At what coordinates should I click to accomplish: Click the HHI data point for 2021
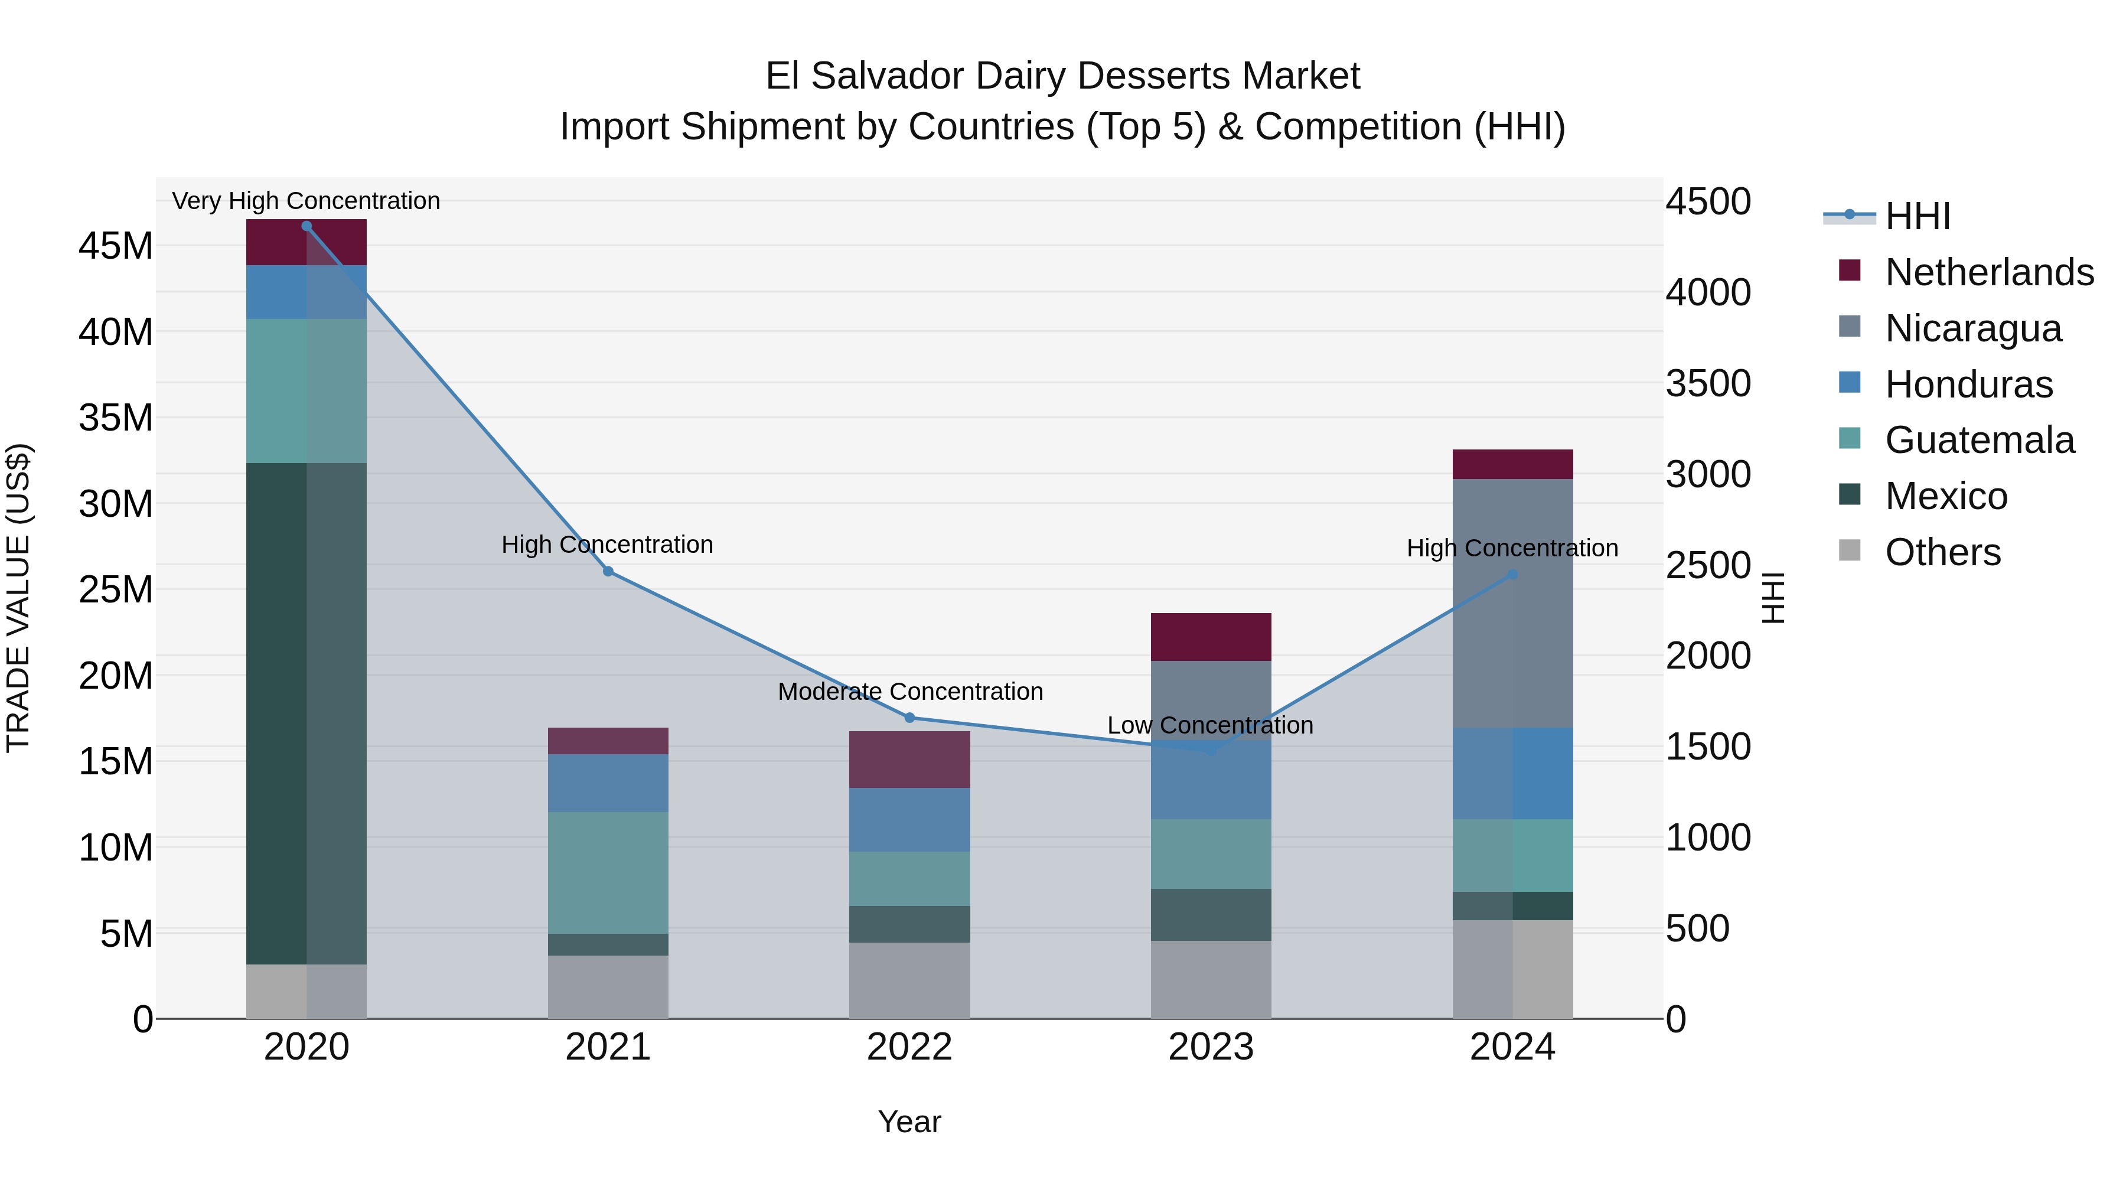click(608, 571)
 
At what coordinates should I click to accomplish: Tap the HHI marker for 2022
click(909, 717)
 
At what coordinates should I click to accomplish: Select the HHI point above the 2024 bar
click(1513, 575)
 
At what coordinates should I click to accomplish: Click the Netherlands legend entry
click(1989, 272)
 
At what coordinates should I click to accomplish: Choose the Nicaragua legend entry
click(1972, 328)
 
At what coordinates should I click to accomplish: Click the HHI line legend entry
click(1917, 216)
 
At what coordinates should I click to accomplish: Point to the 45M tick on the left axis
click(116, 246)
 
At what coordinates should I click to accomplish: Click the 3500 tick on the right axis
click(1707, 384)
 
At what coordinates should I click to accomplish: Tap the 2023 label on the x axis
click(1211, 1047)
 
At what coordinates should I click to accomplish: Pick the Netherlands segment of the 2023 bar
click(1211, 636)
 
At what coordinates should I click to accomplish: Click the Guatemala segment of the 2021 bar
click(608, 872)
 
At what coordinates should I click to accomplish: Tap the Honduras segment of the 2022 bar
click(909, 820)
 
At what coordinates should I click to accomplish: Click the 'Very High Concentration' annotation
click(306, 201)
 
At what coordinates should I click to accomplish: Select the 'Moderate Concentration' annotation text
click(909, 692)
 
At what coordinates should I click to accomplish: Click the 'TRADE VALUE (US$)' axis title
click(18, 598)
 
